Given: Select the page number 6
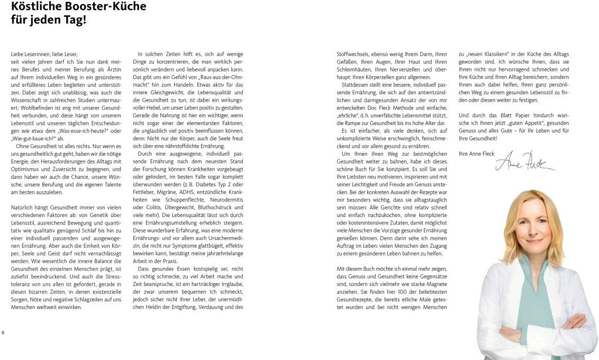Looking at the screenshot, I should click(3, 332).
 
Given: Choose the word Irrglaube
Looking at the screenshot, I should click(227, 283).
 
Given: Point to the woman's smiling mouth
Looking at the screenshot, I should click(534, 241).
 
